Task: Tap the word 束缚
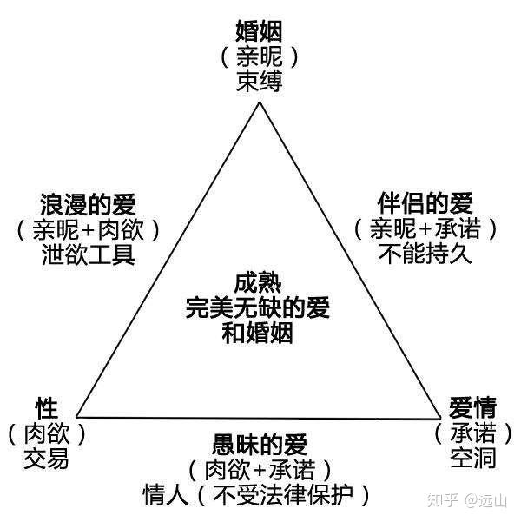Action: pyautogui.click(x=260, y=82)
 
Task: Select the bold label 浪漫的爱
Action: pyautogui.click(x=88, y=206)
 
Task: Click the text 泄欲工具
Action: pyautogui.click(x=88, y=255)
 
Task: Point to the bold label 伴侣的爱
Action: pyautogui.click(x=426, y=205)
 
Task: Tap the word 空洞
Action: pyautogui.click(x=472, y=456)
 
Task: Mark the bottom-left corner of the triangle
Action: pyautogui.click(x=78, y=416)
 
